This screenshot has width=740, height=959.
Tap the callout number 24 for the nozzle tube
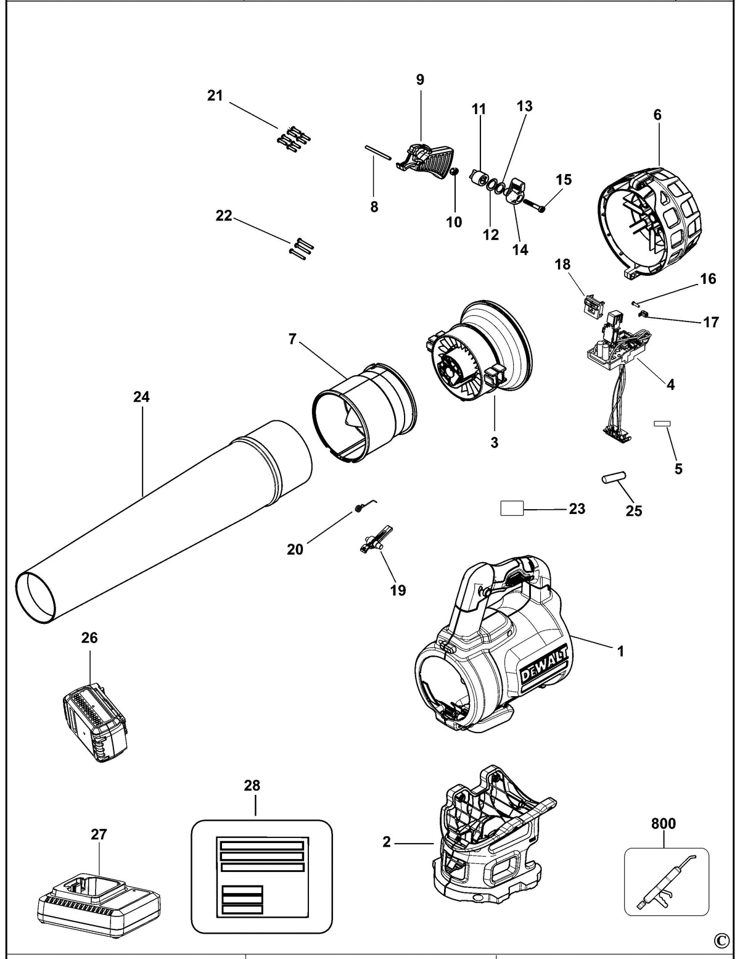click(x=142, y=397)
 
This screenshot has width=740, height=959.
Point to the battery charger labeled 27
click(x=98, y=901)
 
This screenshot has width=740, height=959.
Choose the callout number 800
click(x=664, y=823)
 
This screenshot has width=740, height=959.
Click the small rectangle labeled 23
click(x=512, y=509)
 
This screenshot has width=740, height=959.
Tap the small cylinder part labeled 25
click(x=614, y=477)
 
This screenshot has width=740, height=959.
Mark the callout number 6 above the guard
click(x=657, y=115)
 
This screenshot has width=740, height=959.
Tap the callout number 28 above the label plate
click(x=252, y=786)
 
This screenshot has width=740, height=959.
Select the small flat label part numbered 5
click(x=662, y=423)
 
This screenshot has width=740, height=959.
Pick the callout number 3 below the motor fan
click(x=495, y=442)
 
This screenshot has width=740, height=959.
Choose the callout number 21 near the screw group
click(x=215, y=95)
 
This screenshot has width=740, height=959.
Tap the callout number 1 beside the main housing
click(x=620, y=651)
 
